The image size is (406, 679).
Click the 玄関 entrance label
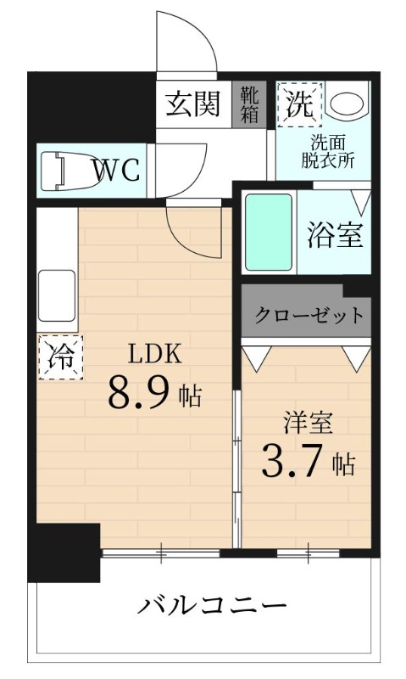(192, 104)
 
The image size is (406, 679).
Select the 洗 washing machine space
(298, 104)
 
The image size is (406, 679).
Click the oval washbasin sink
(347, 104)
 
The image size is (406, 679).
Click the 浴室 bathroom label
(335, 234)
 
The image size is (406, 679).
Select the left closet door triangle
(255, 356)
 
